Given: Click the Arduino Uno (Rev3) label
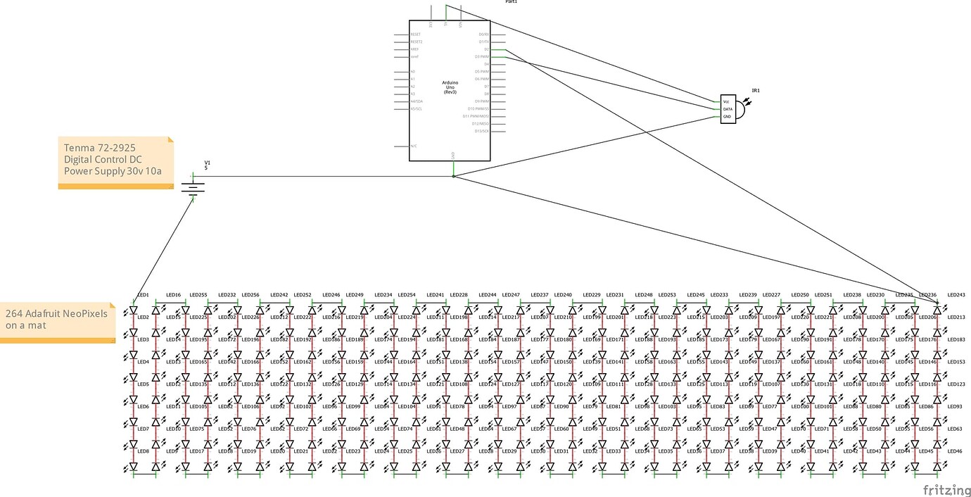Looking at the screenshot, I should [x=450, y=87].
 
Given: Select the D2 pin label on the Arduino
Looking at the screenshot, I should [x=485, y=49].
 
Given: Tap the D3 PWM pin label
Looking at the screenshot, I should [x=481, y=56].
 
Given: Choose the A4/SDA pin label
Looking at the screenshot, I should [x=416, y=101].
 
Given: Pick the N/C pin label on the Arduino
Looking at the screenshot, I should [x=414, y=146].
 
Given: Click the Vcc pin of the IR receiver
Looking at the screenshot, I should [x=726, y=102].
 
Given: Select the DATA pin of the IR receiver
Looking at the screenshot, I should [x=728, y=109].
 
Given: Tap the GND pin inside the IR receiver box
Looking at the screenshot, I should [x=727, y=116].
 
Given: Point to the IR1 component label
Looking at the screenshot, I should [x=756, y=91].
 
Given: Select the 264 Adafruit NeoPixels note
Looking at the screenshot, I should [x=57, y=320].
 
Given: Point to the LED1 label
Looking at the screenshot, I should [x=143, y=295].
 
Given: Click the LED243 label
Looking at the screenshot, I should [x=956, y=295].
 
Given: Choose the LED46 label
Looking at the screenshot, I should [x=955, y=451].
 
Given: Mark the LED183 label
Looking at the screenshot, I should [x=956, y=340].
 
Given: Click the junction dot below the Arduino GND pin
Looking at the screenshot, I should [x=453, y=177].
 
